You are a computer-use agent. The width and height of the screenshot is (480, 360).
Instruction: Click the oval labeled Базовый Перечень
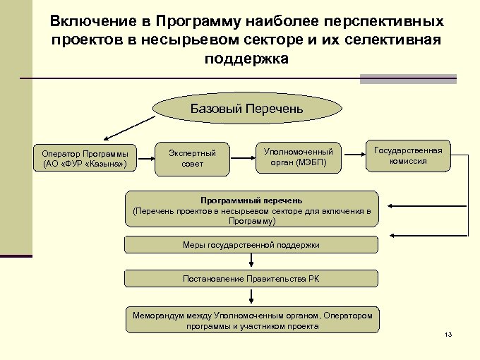click(247, 109)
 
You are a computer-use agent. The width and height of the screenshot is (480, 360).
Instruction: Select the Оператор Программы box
click(85, 159)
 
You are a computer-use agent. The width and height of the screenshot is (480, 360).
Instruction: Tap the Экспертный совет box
click(192, 158)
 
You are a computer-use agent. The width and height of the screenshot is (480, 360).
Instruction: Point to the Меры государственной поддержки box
click(251, 245)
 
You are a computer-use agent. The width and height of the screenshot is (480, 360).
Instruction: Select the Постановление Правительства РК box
click(251, 279)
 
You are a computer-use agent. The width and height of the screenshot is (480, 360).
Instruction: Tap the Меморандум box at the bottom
click(251, 320)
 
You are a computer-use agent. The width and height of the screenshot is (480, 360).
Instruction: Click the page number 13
click(448, 334)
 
